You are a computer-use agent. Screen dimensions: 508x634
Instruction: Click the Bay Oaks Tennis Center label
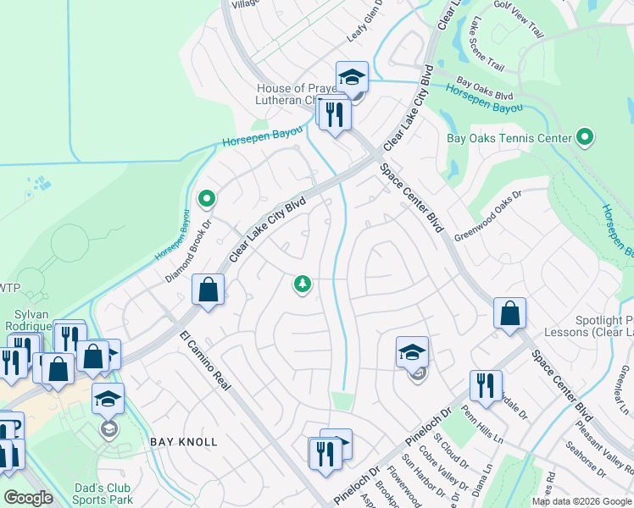click(x=509, y=137)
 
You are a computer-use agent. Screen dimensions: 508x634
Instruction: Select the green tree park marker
click(x=301, y=284)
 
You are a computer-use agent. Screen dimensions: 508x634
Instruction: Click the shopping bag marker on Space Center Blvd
click(x=509, y=312)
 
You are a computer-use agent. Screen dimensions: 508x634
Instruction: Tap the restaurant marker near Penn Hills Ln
click(x=486, y=386)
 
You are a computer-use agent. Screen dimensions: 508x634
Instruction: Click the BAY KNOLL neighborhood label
click(x=184, y=442)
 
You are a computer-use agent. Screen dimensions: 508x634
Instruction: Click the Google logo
click(x=29, y=498)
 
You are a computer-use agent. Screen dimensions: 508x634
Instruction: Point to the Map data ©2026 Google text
click(x=581, y=501)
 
